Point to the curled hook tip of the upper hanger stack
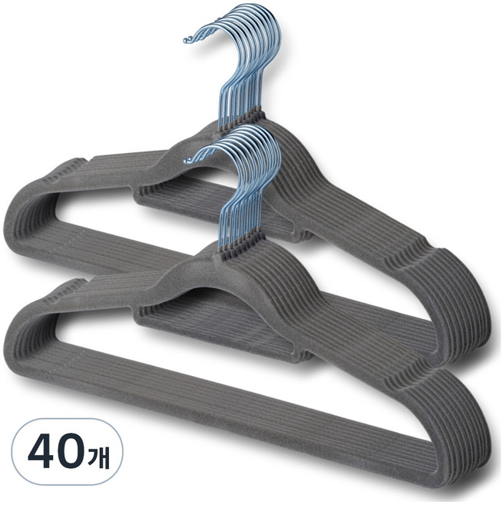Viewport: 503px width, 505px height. (187, 40)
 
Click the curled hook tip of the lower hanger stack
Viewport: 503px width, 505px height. (188, 159)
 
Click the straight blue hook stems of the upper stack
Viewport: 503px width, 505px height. (240, 97)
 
